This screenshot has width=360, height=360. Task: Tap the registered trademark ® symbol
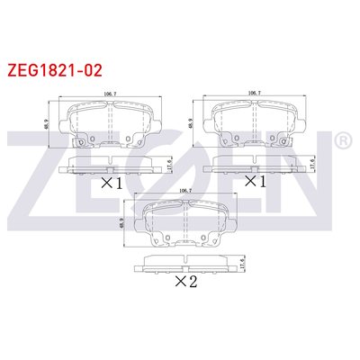[343, 141]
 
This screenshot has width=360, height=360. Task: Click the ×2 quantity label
[186, 282]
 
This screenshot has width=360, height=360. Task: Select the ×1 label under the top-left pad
[111, 183]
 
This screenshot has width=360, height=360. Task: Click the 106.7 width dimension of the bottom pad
[186, 191]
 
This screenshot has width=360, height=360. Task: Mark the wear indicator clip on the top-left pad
[80, 143]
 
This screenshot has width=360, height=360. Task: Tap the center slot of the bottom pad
[186, 220]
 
